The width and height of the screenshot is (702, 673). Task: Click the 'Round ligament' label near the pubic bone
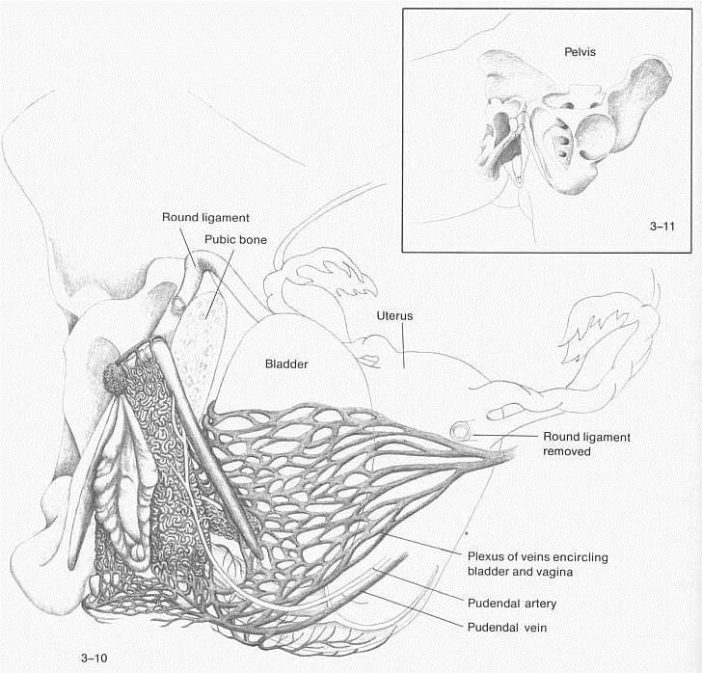[x=205, y=218]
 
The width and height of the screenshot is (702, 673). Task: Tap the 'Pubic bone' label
[x=235, y=239]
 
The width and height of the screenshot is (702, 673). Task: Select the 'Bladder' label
[x=286, y=364]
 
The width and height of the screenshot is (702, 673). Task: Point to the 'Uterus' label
[x=394, y=315]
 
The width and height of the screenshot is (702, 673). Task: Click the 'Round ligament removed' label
[x=586, y=444]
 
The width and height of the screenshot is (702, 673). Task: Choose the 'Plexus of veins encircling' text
[x=538, y=557]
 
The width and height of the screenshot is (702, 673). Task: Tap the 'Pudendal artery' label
[x=512, y=604]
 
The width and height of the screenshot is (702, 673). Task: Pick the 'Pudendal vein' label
[x=507, y=628]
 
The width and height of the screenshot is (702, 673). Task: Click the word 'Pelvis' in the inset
[x=580, y=52]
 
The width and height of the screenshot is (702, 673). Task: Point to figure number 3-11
[x=662, y=227]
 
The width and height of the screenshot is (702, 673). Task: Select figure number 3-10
[x=94, y=658]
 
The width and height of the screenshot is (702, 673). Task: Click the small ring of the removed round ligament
[x=460, y=431]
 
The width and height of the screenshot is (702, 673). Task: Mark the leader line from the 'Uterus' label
[x=403, y=345]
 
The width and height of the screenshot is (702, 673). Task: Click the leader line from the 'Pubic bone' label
[x=220, y=283]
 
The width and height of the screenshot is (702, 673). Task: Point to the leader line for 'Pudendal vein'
[x=413, y=608]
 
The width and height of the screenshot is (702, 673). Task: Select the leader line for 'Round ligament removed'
[x=504, y=436]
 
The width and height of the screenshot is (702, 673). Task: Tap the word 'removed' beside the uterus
[x=567, y=451]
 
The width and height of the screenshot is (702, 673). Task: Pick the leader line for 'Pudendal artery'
[x=418, y=585]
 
